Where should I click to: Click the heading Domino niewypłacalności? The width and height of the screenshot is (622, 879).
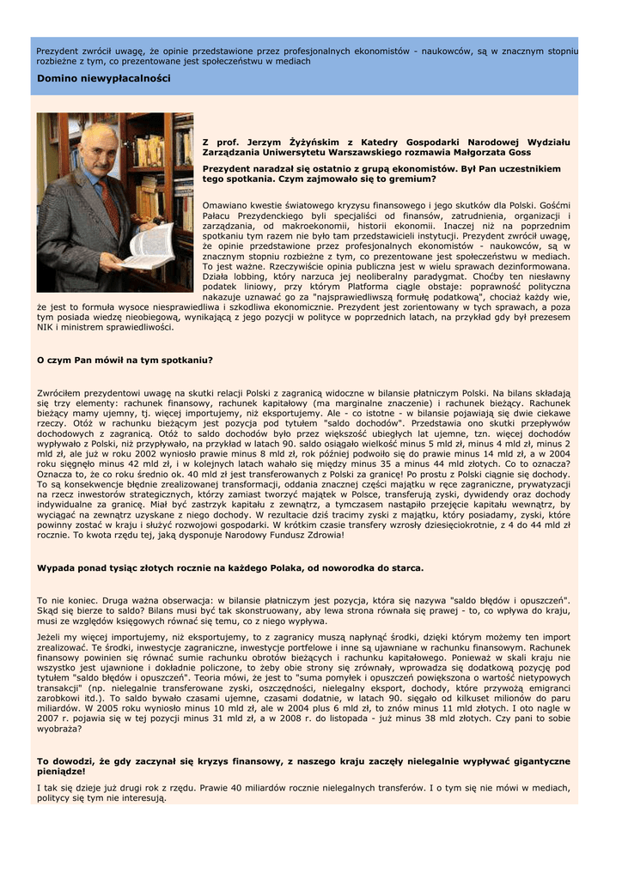tap(103, 79)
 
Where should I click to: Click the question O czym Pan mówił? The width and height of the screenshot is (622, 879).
tap(125, 360)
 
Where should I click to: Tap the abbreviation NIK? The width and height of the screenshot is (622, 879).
tap(47, 327)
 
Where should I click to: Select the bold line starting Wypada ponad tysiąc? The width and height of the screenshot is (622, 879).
tap(230, 567)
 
